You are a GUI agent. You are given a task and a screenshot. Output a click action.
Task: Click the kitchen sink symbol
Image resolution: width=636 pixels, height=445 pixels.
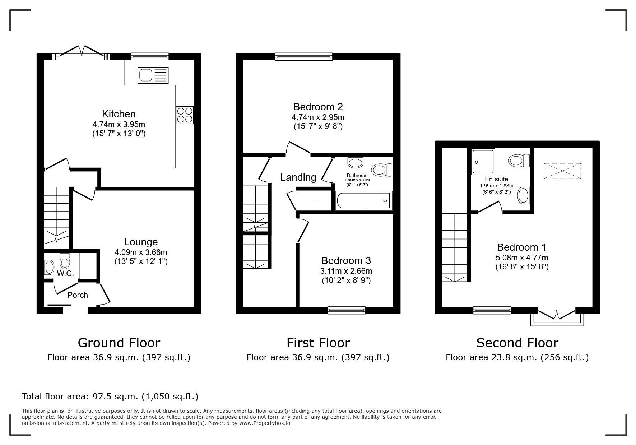click(x=153, y=75)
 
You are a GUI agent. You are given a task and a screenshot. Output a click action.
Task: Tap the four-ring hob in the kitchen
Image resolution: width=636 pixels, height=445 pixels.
click(x=185, y=115)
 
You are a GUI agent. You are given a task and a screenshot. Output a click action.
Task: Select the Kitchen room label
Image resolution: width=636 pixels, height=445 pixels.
click(x=119, y=114)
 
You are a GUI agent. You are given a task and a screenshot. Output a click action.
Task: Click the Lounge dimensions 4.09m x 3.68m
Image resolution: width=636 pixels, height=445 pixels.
click(x=141, y=252)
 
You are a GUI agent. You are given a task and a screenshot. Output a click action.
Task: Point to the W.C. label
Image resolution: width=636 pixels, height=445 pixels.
click(x=65, y=274)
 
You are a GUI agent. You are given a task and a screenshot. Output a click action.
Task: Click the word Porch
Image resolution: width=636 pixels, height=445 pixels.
click(x=78, y=295)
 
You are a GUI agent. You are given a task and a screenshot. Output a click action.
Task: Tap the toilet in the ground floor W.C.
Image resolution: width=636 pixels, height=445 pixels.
click(x=65, y=261)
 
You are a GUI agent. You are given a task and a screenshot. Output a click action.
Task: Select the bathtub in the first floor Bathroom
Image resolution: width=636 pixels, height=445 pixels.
click(x=364, y=200)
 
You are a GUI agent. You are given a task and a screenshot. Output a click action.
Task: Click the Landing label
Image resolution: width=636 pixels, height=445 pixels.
click(x=298, y=177)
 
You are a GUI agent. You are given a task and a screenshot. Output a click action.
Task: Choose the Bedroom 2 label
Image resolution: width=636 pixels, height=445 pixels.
click(x=318, y=107)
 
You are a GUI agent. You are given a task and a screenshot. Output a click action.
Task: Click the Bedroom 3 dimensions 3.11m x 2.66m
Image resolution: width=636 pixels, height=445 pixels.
click(x=346, y=271)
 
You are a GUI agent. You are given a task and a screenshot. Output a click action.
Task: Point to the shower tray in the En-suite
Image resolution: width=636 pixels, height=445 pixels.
click(x=483, y=162)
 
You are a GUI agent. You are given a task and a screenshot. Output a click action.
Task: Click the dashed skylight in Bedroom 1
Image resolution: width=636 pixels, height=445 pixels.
click(x=562, y=171)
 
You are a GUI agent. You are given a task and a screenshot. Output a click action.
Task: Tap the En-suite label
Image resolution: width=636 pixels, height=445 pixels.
click(x=496, y=179)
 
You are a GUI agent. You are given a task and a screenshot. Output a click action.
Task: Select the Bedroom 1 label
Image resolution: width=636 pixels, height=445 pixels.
click(x=521, y=247)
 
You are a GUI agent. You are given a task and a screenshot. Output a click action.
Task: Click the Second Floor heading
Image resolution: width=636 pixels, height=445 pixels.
click(x=517, y=343)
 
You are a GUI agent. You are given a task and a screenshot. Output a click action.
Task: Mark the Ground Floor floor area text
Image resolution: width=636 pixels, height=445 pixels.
click(x=119, y=357)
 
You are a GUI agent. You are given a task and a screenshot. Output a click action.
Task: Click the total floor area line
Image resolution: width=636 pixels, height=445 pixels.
click(x=110, y=397)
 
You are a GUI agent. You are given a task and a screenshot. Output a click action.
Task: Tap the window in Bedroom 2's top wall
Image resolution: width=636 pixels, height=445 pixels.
click(x=304, y=56)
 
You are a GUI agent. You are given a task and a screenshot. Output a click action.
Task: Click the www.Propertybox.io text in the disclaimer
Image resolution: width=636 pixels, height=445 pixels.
click(x=265, y=423)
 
